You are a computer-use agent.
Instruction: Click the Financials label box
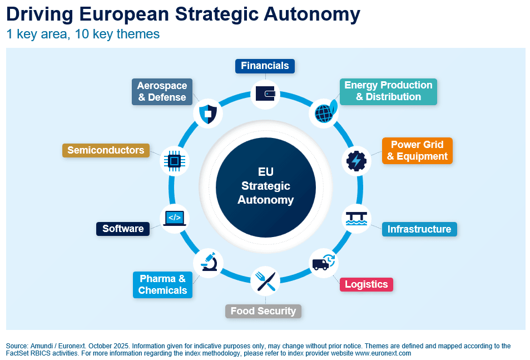[x=265, y=66]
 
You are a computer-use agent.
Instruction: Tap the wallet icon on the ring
[x=266, y=93]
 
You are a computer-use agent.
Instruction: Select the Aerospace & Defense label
[x=162, y=91]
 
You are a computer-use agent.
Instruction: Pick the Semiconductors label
[x=106, y=150]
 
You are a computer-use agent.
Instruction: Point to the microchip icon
[x=174, y=161]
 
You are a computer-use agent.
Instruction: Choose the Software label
[x=123, y=229]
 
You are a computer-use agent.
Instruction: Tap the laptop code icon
[x=174, y=218]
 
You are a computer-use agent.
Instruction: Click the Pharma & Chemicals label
[x=162, y=284]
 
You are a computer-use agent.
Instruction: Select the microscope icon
[x=209, y=261]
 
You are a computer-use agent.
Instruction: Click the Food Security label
[x=263, y=311]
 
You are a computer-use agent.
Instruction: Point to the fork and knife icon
[x=265, y=281]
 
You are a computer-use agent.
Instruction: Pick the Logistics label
[x=366, y=284]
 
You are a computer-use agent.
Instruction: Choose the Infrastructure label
[x=419, y=229]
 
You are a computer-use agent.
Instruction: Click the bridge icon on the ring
[x=356, y=218]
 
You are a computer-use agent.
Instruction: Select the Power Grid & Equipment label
[x=417, y=151]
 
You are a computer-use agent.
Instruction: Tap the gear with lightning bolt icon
[x=356, y=161]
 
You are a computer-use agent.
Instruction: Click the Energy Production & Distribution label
[x=388, y=91]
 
